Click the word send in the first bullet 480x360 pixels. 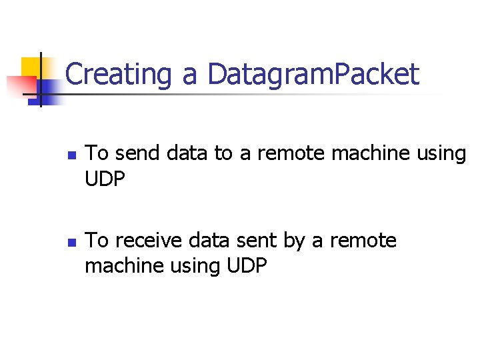pyautogui.click(x=137, y=153)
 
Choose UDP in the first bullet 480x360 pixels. pyautogui.click(x=104, y=179)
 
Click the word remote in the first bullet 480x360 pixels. pyautogui.click(x=290, y=153)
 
